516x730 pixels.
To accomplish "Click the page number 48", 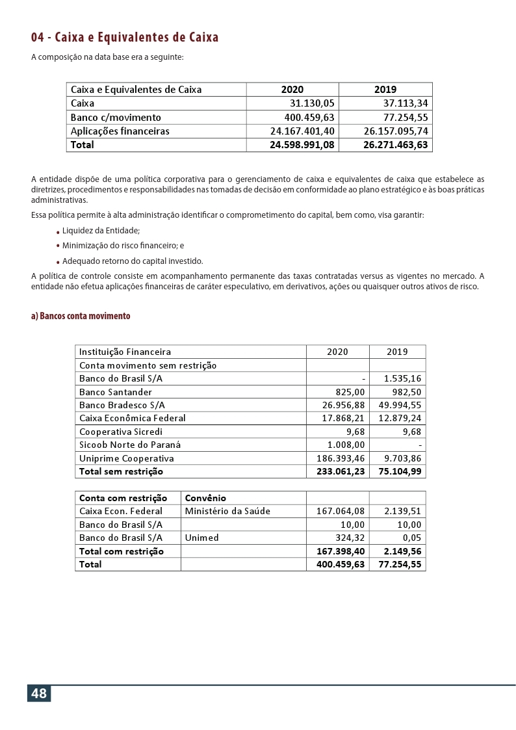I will point(39,694).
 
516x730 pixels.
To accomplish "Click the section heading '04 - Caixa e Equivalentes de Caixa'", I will point(125,37).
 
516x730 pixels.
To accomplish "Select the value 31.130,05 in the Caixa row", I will point(311,103).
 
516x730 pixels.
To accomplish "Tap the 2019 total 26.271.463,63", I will point(396,145).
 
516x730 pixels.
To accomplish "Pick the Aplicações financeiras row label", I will point(120,131).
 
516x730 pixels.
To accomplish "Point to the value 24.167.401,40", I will point(302,131).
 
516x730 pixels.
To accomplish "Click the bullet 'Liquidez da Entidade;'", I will point(101,231).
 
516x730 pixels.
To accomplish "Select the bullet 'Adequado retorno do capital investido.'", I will point(133,261).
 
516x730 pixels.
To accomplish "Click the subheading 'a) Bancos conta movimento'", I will point(81,317).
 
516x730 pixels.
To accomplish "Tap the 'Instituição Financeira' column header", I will point(125,352).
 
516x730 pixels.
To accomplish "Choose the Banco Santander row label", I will point(116,392).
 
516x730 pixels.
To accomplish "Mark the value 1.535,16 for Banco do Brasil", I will point(402,378).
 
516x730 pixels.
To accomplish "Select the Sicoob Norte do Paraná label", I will point(130,445).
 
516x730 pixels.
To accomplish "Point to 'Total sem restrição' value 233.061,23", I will point(340,471).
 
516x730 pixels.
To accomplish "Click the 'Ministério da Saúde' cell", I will point(227,511).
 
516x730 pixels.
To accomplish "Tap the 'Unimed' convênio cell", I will point(202,538).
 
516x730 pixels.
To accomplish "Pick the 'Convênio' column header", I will point(205,498).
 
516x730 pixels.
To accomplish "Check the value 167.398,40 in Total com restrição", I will point(340,551).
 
